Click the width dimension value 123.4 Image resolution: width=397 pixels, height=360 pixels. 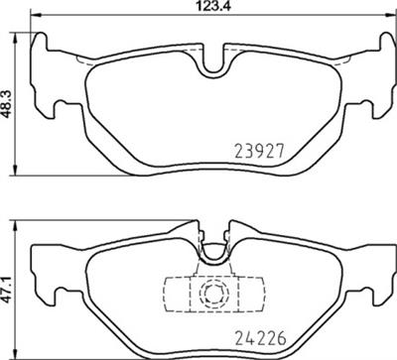[204, 8]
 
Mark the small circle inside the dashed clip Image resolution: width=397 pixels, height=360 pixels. [209, 294]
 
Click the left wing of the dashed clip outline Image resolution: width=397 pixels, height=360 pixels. [171, 294]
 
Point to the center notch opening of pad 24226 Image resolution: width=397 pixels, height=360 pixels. [210, 255]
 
